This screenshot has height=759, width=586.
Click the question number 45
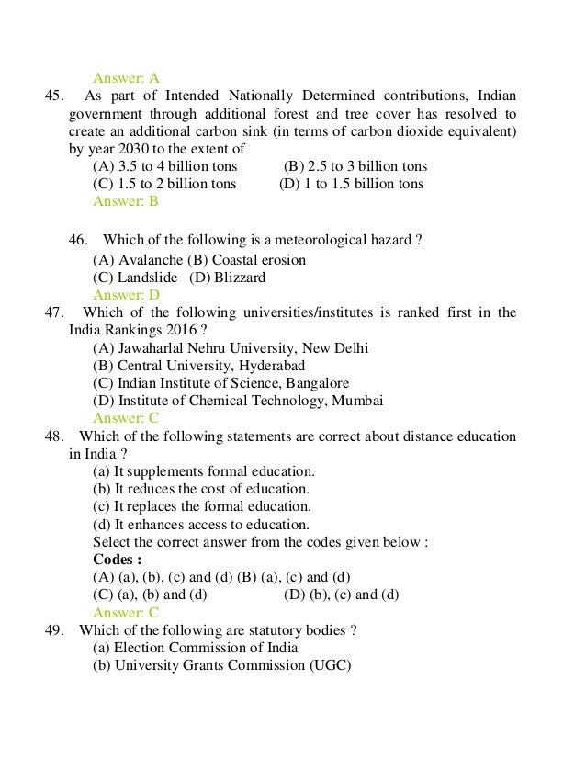tap(53, 96)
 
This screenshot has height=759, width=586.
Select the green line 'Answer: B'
tap(126, 201)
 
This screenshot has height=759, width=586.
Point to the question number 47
tap(53, 313)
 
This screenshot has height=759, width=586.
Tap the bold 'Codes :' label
tap(117, 560)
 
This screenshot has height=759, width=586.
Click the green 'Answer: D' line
tap(127, 295)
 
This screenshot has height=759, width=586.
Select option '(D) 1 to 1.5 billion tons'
tap(351, 184)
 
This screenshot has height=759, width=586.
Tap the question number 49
tap(53, 630)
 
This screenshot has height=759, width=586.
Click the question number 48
tap(53, 436)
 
